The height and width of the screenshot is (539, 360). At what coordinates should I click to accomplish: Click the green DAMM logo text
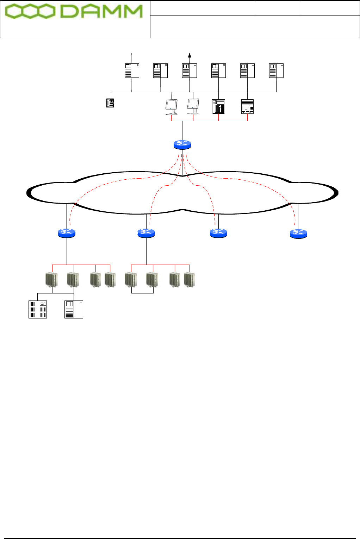[x=101, y=12]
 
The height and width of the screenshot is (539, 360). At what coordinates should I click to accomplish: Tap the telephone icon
[x=110, y=103]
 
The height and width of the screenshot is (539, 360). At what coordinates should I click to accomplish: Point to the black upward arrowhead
[x=190, y=55]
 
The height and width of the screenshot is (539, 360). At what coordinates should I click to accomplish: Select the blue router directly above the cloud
[x=182, y=144]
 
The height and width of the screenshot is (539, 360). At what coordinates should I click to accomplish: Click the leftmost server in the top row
[x=132, y=70]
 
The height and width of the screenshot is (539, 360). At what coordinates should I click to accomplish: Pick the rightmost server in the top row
[x=276, y=70]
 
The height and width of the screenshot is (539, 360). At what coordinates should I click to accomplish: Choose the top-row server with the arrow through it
[x=190, y=70]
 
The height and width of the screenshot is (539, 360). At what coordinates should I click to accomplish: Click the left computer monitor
[x=172, y=107]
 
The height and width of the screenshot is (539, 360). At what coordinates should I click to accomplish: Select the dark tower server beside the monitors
[x=218, y=106]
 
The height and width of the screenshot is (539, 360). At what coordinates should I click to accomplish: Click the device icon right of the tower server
[x=247, y=106]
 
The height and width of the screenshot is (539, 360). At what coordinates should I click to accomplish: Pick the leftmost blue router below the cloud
[x=67, y=233]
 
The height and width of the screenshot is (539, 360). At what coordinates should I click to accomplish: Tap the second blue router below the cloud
[x=146, y=233]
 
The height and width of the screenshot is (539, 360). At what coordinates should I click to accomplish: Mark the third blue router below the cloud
[x=218, y=233]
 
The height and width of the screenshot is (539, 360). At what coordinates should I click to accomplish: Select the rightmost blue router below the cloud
[x=298, y=233]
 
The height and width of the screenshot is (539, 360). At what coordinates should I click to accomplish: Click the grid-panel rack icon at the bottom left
[x=38, y=309]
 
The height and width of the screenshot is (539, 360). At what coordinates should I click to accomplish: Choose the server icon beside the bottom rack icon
[x=74, y=309]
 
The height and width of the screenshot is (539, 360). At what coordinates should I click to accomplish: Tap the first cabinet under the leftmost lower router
[x=51, y=280]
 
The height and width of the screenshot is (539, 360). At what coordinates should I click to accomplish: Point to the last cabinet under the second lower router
[x=189, y=280]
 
